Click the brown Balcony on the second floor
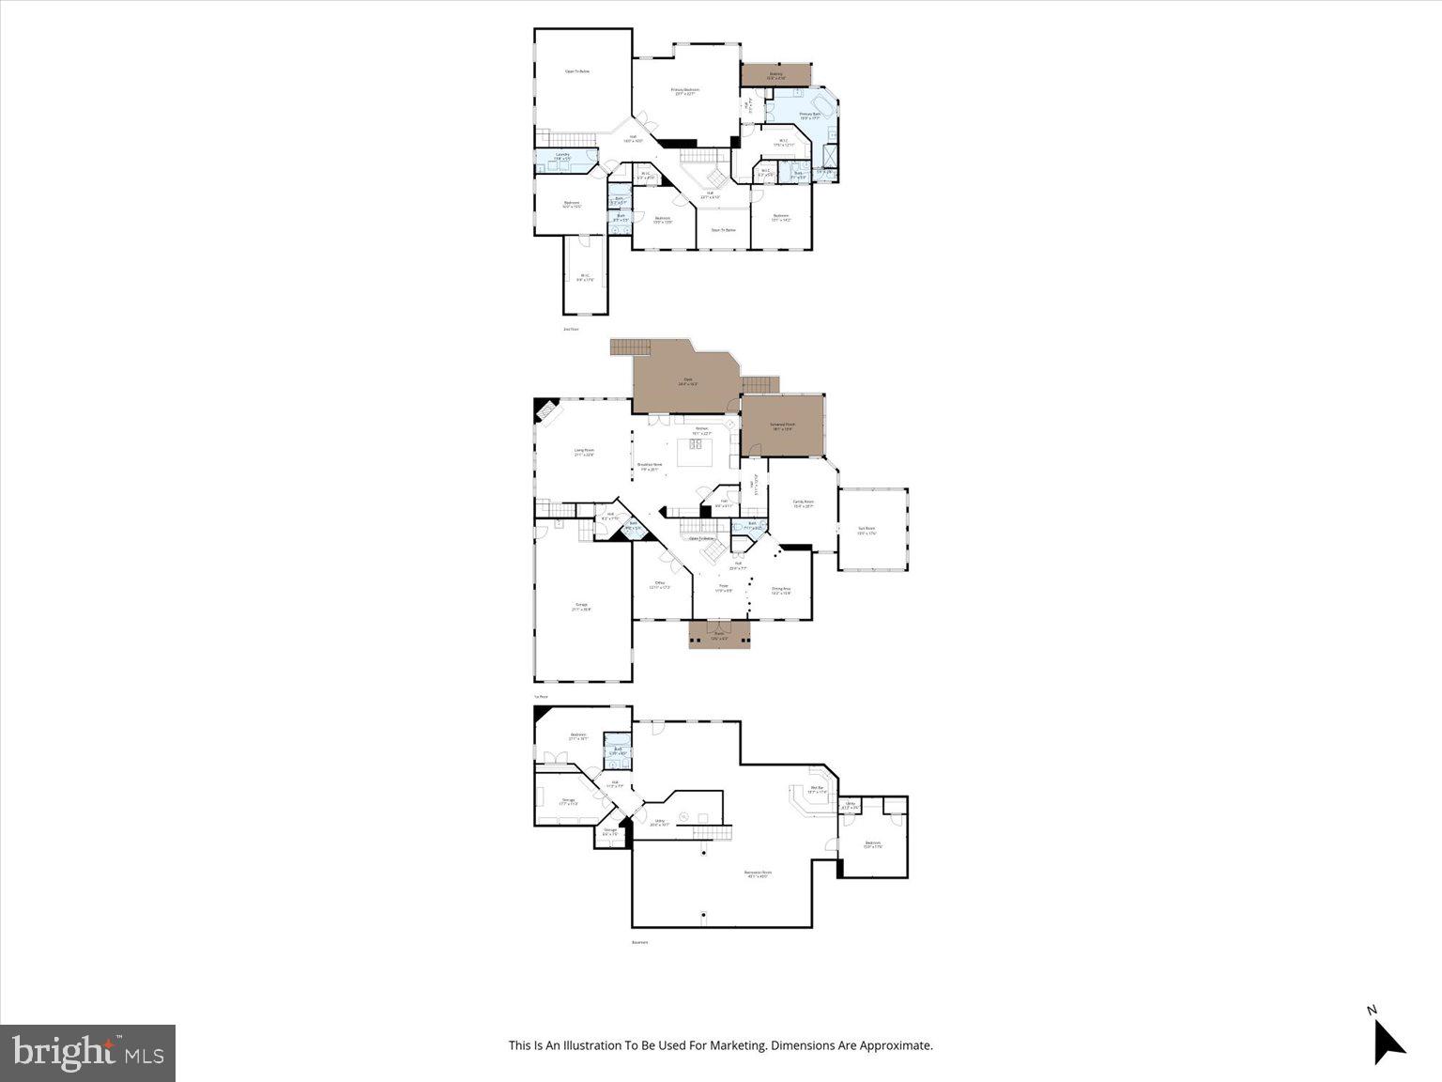pos(775,74)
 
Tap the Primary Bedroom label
pos(684,91)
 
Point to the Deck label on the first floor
pos(687,382)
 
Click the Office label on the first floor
pos(660,584)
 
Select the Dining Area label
pos(781,591)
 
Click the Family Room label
pos(803,503)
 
